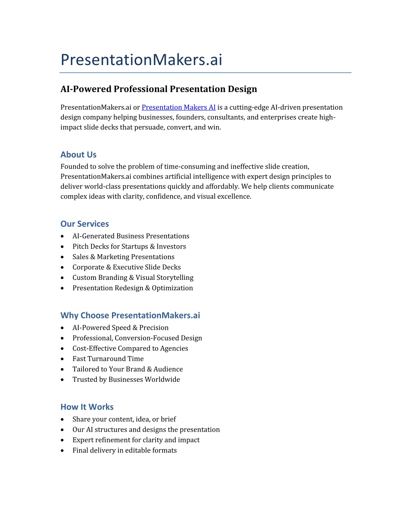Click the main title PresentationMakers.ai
click(141, 59)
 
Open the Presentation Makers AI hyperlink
click(179, 107)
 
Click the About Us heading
click(78, 155)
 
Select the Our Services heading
click(85, 224)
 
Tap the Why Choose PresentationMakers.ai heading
click(130, 315)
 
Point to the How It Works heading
click(87, 407)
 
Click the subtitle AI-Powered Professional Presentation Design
click(159, 89)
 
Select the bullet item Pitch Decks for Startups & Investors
click(129, 247)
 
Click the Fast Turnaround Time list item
click(108, 359)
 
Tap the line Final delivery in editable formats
click(124, 450)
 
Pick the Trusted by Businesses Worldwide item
click(126, 379)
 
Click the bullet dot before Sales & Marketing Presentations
click(62, 257)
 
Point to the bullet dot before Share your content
click(62, 419)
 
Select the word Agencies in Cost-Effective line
click(174, 349)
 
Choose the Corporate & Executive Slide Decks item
click(126, 267)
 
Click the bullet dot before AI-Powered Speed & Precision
click(62, 328)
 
